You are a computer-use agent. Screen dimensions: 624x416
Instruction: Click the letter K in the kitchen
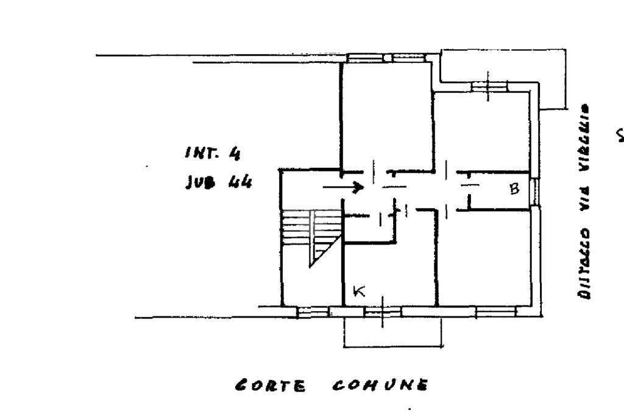360,292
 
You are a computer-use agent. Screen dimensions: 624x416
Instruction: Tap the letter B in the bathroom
514,189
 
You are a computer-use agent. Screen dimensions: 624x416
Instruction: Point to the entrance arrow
344,187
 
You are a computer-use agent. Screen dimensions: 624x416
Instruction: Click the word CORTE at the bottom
271,386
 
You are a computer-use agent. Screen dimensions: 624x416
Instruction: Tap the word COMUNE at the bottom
380,386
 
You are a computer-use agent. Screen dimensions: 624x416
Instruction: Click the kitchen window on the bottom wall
382,312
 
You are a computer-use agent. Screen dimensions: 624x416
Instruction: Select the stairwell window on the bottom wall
313,312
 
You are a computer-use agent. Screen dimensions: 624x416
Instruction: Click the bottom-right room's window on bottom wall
495,312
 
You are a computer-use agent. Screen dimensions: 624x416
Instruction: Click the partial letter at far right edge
620,135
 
